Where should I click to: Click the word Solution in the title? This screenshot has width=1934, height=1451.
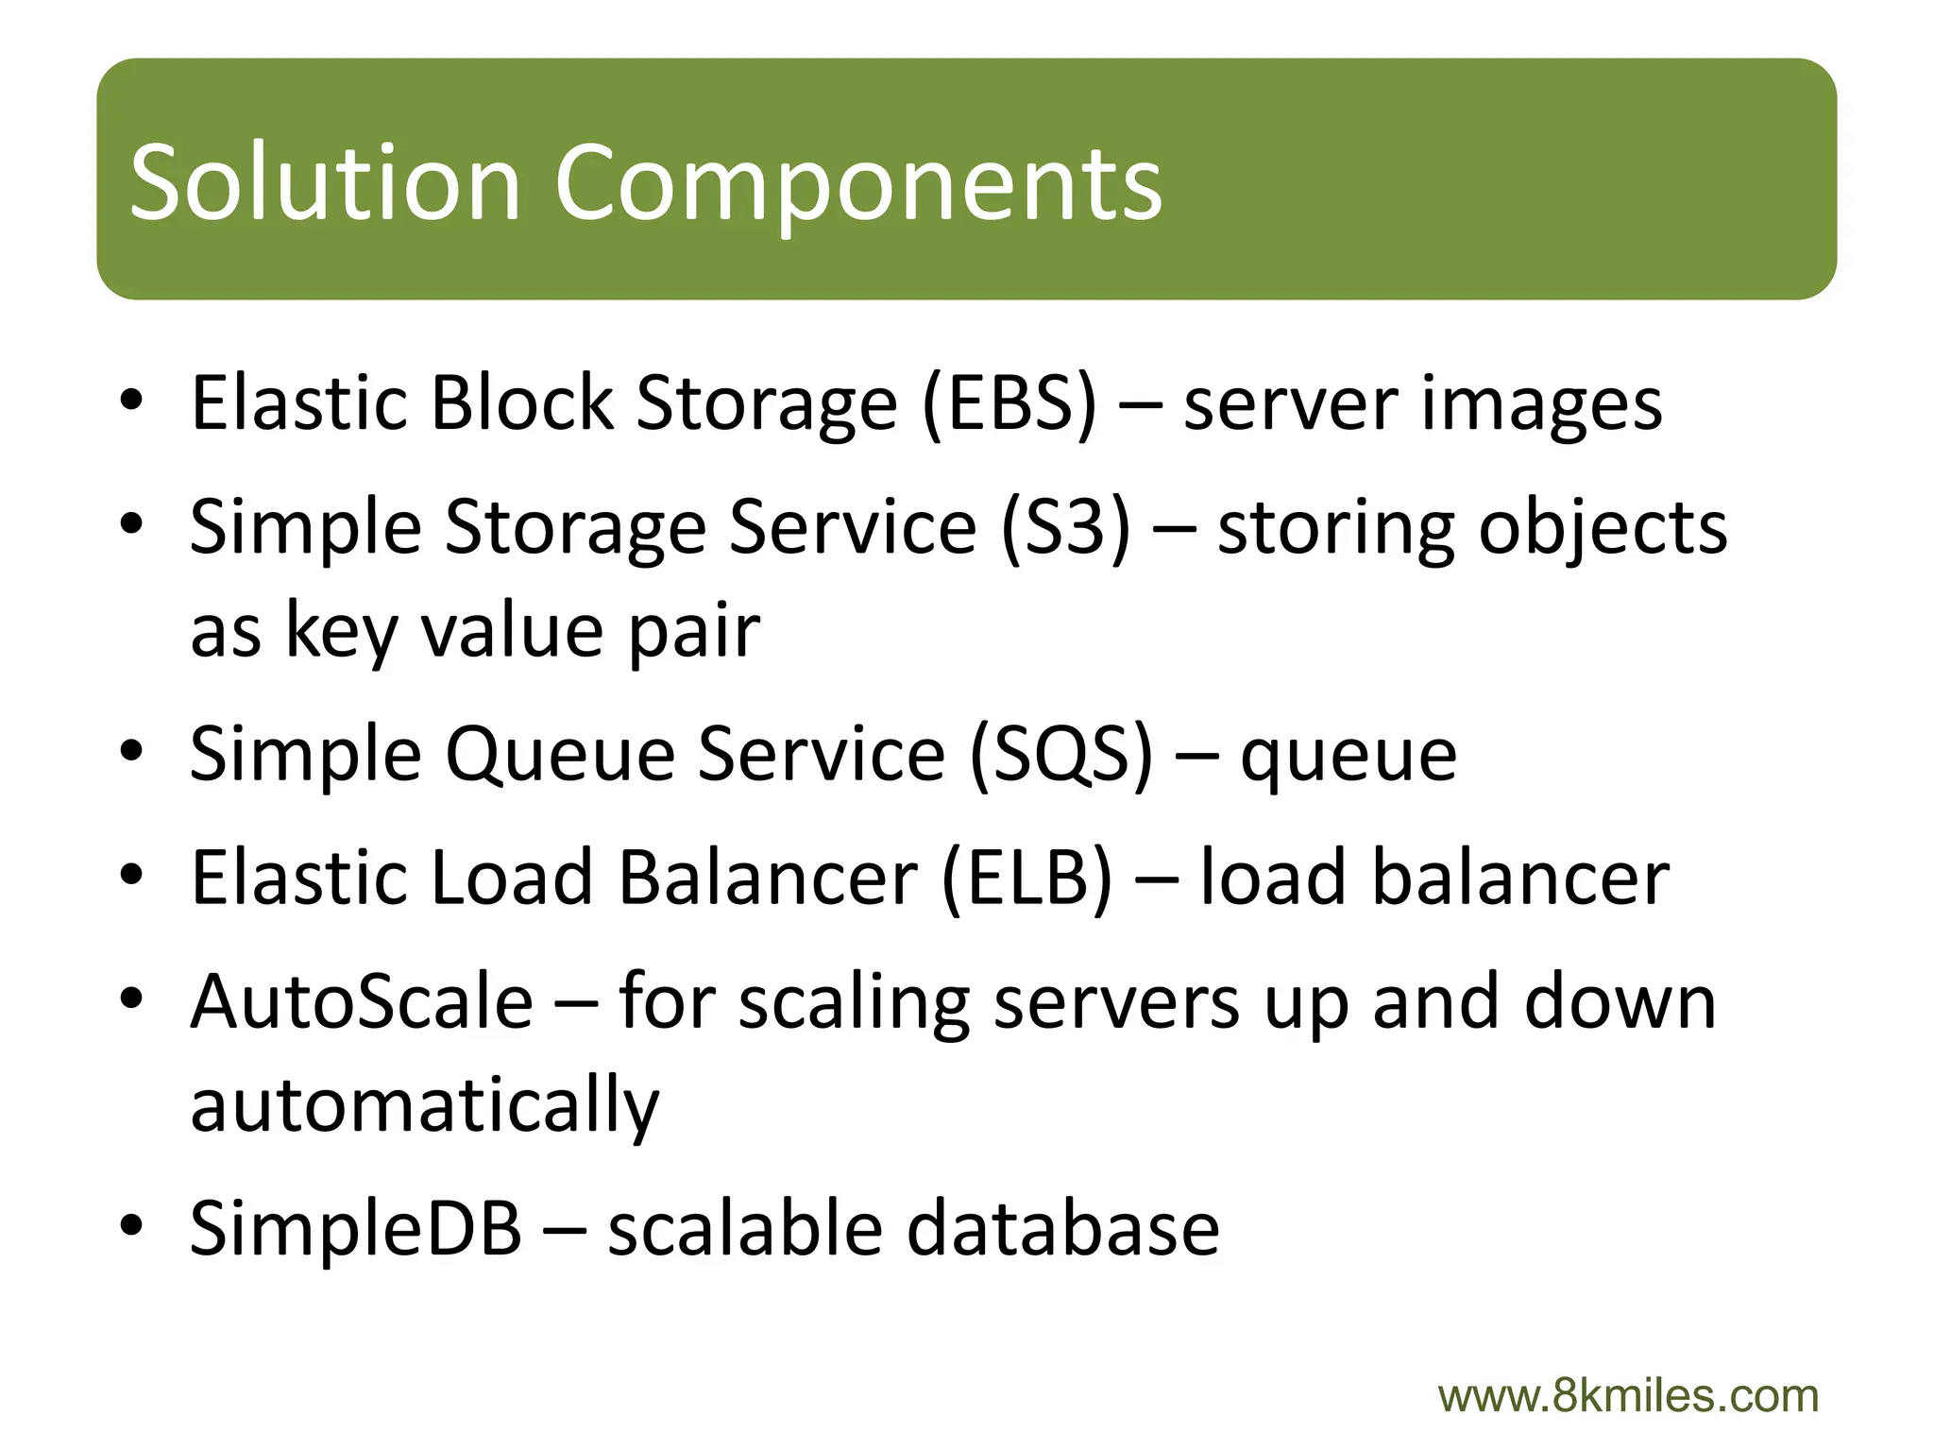click(324, 181)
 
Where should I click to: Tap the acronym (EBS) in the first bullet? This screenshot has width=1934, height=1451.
click(1009, 403)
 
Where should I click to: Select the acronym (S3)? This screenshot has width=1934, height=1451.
click(1064, 526)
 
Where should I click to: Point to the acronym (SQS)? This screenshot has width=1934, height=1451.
click(1060, 754)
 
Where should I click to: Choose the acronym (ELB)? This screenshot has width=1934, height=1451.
click(1026, 878)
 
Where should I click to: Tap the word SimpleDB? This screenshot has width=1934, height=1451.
click(355, 1228)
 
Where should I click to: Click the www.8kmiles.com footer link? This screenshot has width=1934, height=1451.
click(1627, 1396)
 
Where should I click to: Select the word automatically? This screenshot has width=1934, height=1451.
click(424, 1105)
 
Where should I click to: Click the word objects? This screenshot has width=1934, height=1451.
click(1602, 528)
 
